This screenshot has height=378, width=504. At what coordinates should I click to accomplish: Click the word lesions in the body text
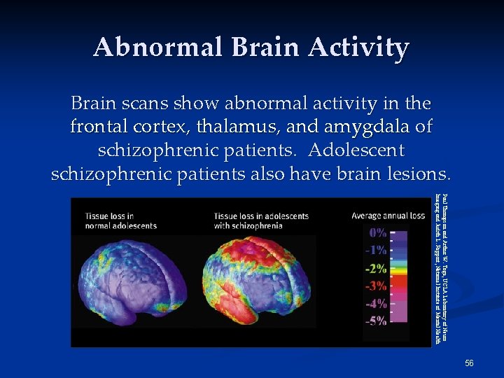tap(418, 173)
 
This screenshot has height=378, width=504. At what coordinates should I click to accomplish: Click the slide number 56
tap(469, 363)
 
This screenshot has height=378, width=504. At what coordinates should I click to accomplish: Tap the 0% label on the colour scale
tap(378, 232)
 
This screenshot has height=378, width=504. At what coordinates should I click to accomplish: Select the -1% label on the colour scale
tap(378, 250)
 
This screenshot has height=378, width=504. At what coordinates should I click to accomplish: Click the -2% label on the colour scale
tap(378, 268)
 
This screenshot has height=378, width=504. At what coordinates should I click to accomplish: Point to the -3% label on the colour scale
tap(378, 286)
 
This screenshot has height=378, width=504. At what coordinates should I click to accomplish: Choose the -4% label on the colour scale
tap(378, 303)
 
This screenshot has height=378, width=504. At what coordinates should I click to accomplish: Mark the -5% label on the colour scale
tap(378, 321)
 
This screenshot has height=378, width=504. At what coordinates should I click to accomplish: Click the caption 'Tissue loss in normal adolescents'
tap(121, 220)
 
